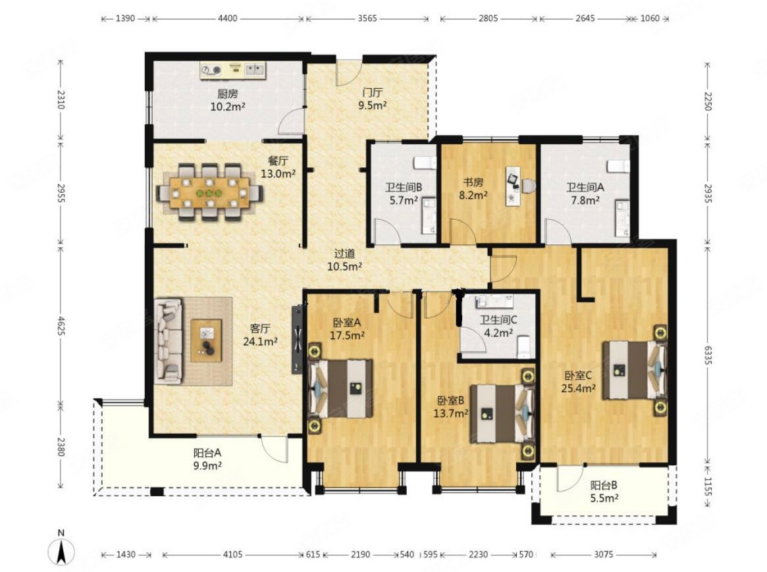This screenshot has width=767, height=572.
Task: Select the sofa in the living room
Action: pyautogui.click(x=168, y=341)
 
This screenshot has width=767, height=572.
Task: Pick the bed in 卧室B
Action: pyautogui.click(x=502, y=413)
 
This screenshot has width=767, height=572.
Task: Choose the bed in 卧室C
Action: pyautogui.click(x=635, y=370)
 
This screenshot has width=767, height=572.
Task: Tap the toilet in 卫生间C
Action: pyautogui.click(x=523, y=346)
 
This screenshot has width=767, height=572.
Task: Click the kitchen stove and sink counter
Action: pyautogui.click(x=232, y=70)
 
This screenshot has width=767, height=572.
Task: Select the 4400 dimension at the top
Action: pyautogui.click(x=227, y=18)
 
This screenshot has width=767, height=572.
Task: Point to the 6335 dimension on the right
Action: pyautogui.click(x=707, y=353)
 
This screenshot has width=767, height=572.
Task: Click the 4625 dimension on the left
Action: pyautogui.click(x=61, y=326)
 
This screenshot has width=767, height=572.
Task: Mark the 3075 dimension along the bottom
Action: pyautogui.click(x=603, y=554)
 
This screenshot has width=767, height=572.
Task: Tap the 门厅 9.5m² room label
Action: pyautogui.click(x=373, y=99)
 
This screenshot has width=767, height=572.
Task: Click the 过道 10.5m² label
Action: pyautogui.click(x=344, y=260)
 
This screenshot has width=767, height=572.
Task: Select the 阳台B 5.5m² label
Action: pyautogui.click(x=604, y=492)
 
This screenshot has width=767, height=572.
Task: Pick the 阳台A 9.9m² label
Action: pyautogui.click(x=207, y=459)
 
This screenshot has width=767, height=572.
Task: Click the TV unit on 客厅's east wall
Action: pyautogui.click(x=298, y=339)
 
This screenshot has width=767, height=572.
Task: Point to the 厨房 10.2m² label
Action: pyautogui.click(x=227, y=100)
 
